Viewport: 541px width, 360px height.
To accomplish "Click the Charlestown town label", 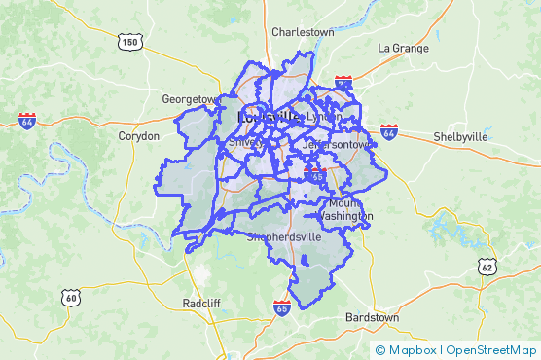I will (x=303, y=32).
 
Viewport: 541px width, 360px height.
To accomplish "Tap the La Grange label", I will (x=402, y=48).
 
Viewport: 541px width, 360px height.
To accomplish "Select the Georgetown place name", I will (x=189, y=99).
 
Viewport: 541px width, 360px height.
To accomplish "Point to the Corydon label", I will (x=138, y=136).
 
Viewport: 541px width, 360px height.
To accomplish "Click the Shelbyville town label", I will (x=460, y=137).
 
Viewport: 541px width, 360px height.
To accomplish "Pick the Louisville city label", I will (x=268, y=117).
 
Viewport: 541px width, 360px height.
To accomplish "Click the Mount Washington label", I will (x=343, y=209).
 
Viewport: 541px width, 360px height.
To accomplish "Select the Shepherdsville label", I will (x=284, y=236).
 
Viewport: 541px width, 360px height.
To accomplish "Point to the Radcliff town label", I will (x=201, y=304).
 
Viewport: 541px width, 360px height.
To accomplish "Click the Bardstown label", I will (x=372, y=318).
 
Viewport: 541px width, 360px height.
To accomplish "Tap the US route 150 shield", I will (x=129, y=42).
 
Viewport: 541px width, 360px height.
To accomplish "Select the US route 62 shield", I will (x=487, y=266).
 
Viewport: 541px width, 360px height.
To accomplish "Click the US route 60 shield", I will (x=70, y=298).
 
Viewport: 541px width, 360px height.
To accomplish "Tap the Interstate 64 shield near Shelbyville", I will (x=389, y=130).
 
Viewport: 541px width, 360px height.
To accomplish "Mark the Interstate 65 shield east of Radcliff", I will (x=281, y=307).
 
